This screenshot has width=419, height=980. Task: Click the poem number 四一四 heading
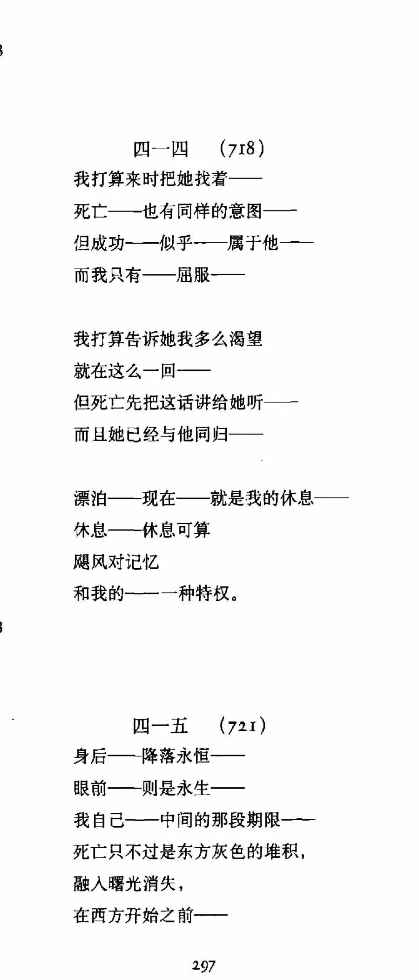(161, 149)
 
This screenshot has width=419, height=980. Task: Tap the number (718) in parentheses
(242, 149)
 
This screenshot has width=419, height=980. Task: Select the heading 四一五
(160, 726)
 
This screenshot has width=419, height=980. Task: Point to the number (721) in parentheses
(243, 726)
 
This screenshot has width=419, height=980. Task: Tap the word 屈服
(193, 275)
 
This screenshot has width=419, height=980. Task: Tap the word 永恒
(193, 756)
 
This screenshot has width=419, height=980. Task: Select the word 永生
(193, 788)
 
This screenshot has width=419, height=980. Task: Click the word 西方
(108, 915)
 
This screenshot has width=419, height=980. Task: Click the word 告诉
(142, 339)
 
